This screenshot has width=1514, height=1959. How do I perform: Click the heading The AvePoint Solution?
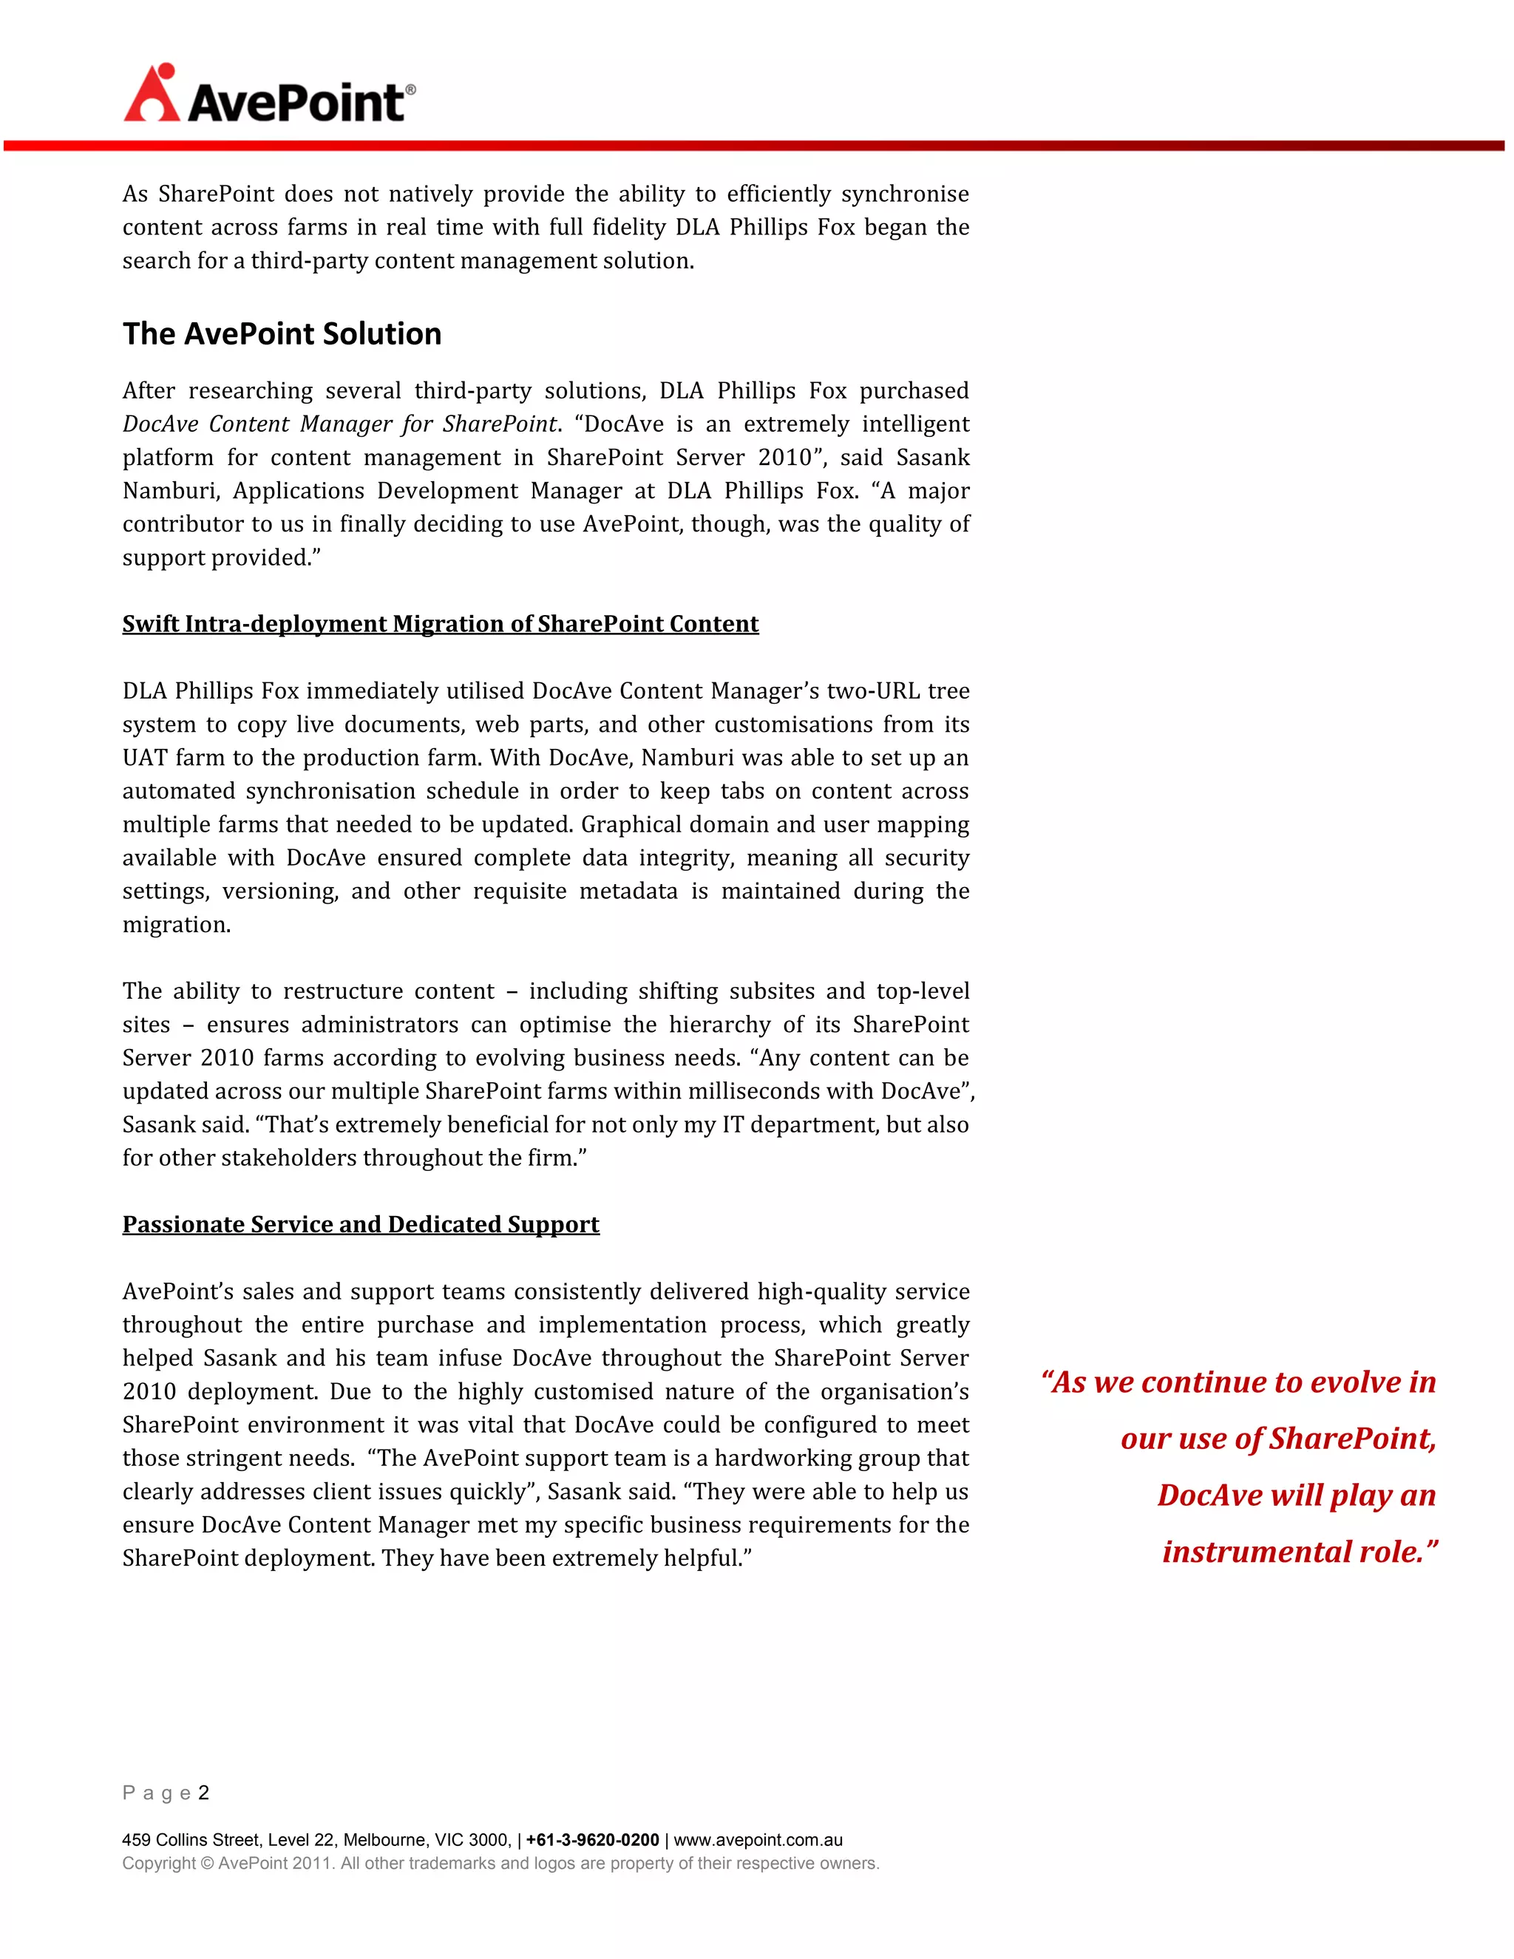coord(282,333)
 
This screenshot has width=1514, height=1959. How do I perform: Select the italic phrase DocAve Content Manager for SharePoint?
coord(340,424)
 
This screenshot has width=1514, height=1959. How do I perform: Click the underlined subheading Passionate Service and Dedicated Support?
coord(361,1224)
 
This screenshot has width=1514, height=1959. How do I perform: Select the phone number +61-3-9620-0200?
coord(592,1841)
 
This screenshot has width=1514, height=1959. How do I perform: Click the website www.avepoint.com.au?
coord(758,1841)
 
